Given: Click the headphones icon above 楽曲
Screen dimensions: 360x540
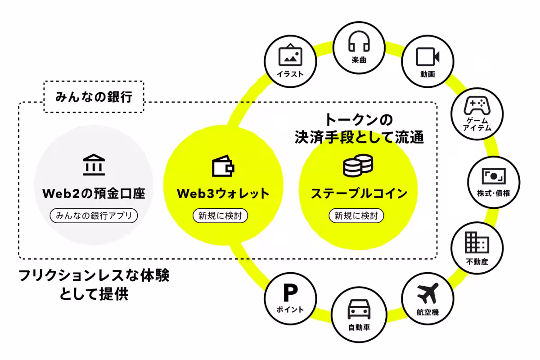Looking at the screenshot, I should coord(359,41).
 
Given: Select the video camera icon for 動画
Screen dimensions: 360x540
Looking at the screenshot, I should coord(427,57).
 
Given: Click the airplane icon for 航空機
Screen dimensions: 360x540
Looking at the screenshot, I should coord(427,294).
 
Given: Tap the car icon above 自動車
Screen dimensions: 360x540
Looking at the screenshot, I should coord(359,310).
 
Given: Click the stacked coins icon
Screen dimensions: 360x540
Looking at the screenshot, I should coord(358,166).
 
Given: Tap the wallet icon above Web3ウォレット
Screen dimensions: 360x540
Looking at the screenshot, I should coord(223,166).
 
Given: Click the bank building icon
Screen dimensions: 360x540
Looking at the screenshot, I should coord(94,165).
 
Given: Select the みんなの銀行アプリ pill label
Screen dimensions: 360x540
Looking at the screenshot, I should coord(94,216).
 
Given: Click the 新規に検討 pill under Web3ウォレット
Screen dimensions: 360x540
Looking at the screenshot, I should coord(220,216).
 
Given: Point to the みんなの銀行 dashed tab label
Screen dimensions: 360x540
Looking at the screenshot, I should coord(94,97).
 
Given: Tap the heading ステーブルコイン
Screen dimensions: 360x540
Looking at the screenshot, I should coord(359,194).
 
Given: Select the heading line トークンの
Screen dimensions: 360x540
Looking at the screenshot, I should coord(359,120).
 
